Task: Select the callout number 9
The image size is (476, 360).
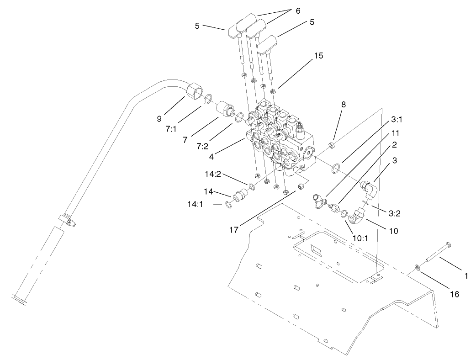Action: (159, 119)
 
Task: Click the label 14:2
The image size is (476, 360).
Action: (213, 174)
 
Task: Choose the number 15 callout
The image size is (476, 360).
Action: (318, 55)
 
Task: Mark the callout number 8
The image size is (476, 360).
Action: (344, 104)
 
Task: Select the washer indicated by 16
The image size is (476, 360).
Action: (418, 268)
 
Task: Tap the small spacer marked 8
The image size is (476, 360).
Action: (333, 146)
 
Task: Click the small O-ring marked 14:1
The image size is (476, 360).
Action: (228, 204)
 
